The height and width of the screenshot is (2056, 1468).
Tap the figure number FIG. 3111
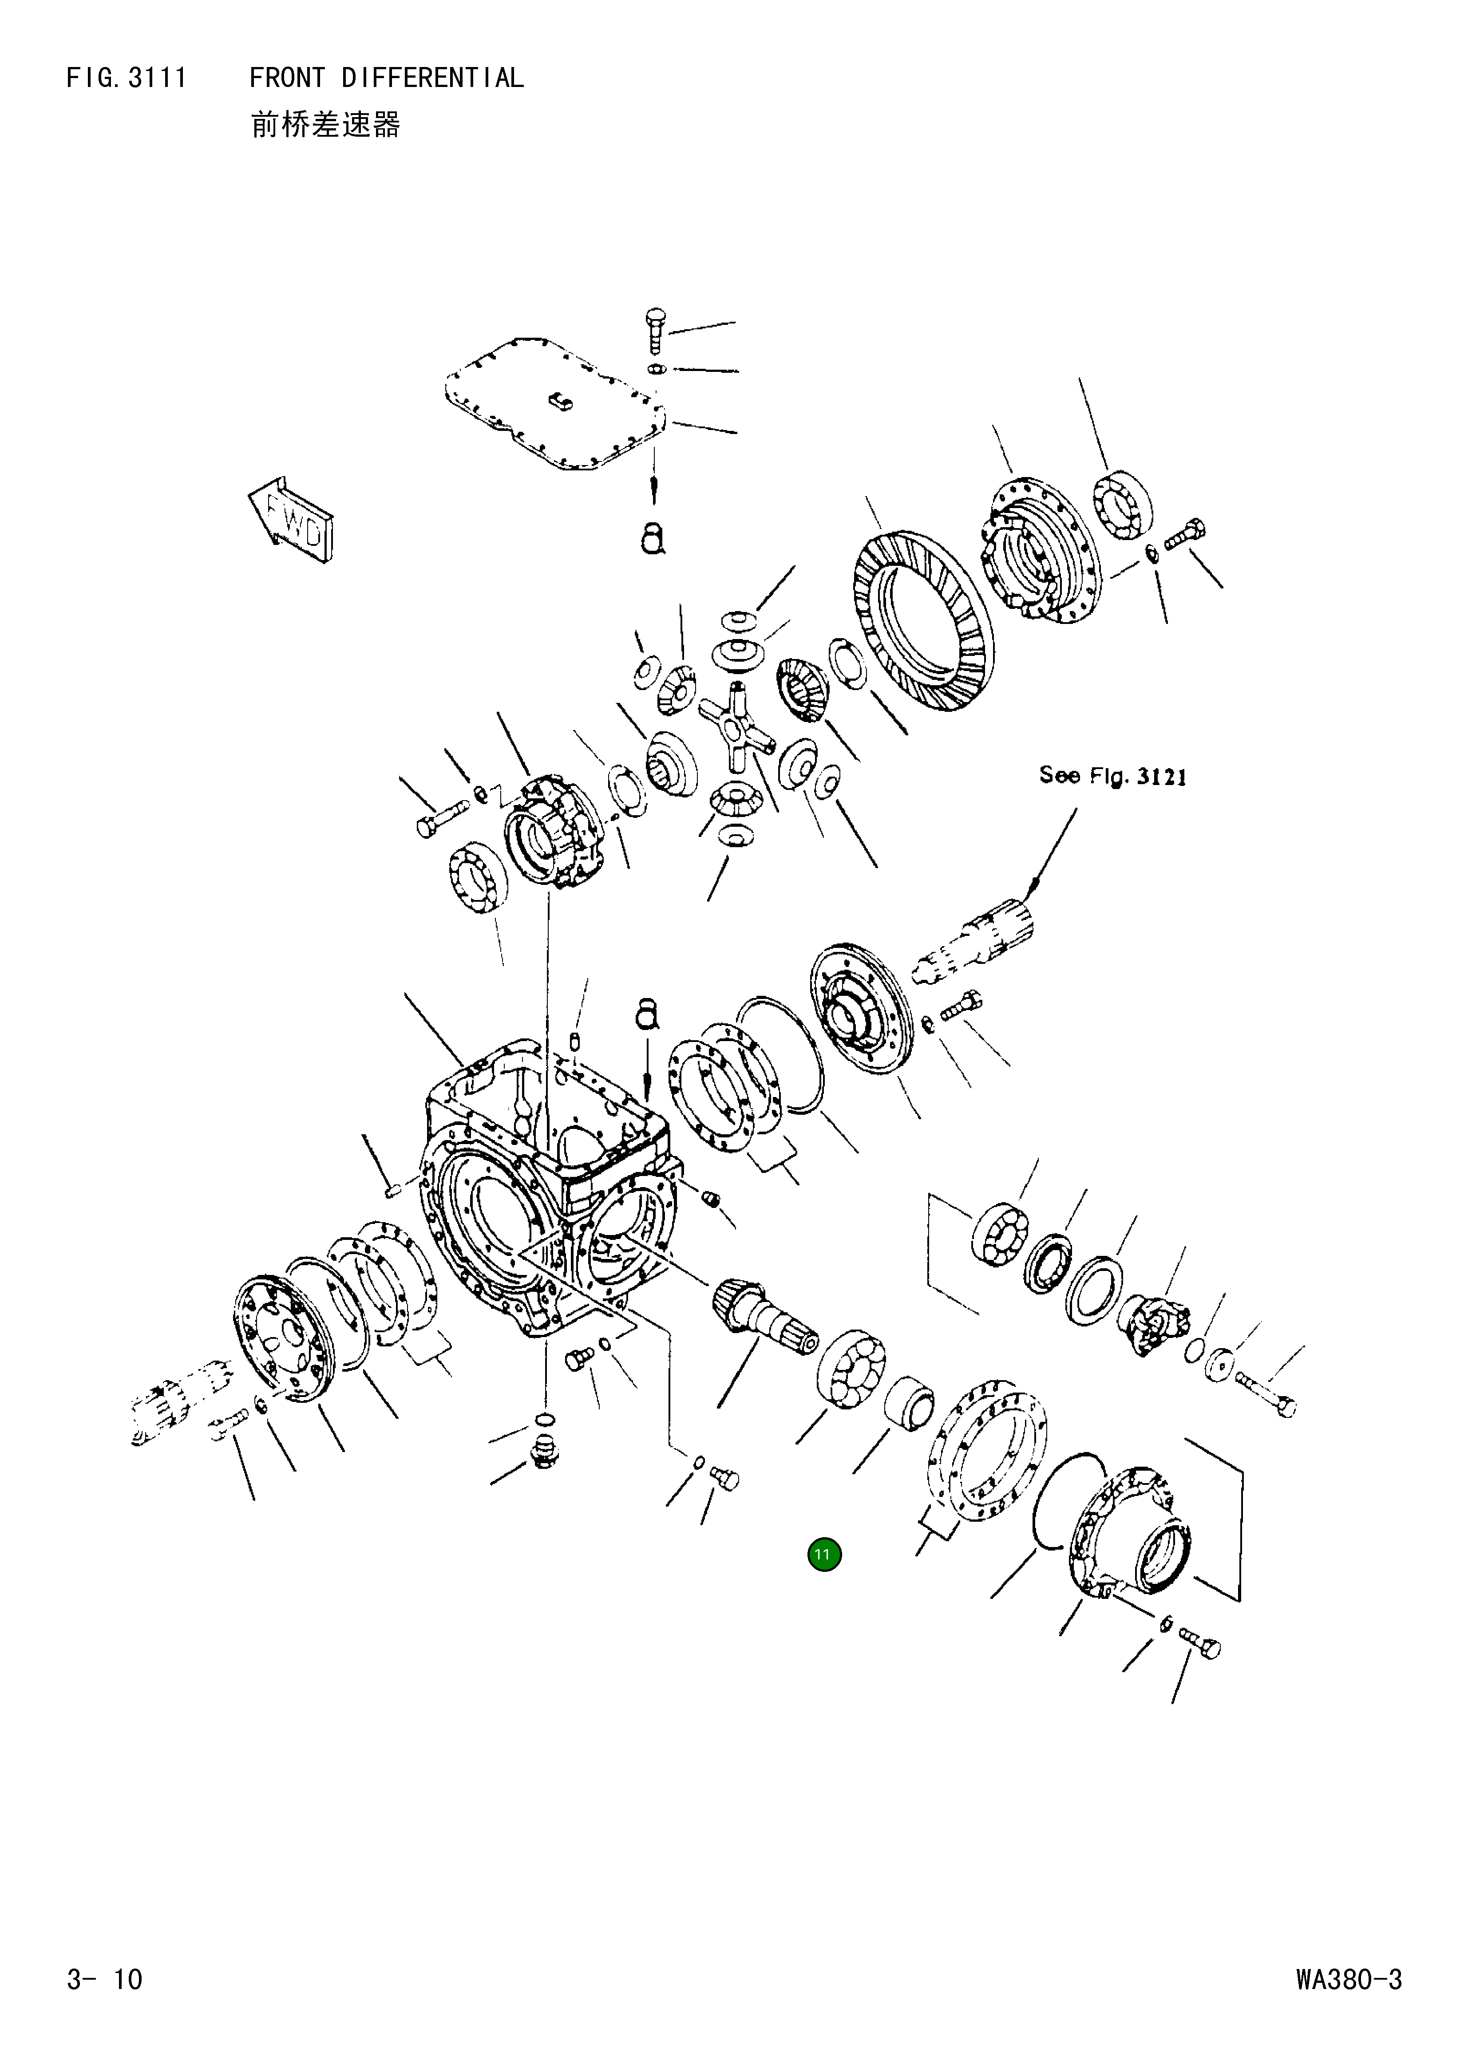pyautogui.click(x=127, y=79)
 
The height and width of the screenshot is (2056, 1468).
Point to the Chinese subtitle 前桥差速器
pyautogui.click(x=325, y=125)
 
